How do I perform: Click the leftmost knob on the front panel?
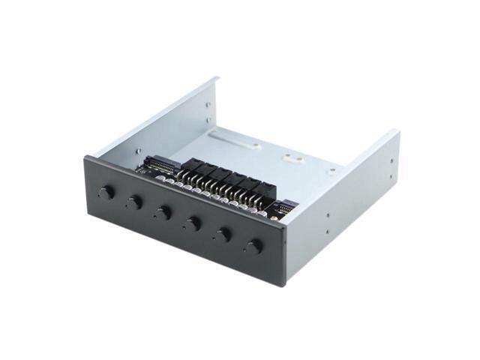tap(107, 192)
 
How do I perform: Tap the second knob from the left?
tap(135, 202)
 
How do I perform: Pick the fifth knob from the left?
tap(224, 233)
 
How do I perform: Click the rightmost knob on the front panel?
tap(255, 244)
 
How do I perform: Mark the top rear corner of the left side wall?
tap(217, 76)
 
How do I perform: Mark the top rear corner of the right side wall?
tap(397, 131)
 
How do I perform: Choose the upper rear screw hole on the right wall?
tap(389, 160)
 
